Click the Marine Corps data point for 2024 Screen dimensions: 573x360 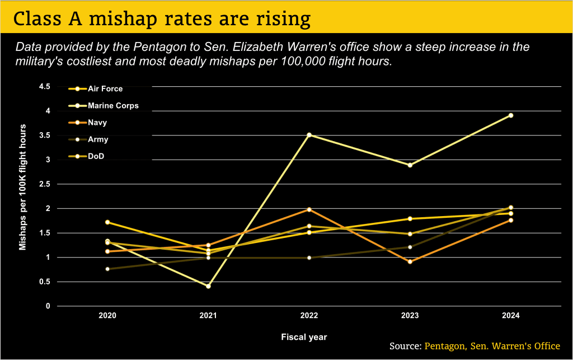pyautogui.click(x=511, y=115)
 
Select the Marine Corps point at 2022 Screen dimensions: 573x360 pyautogui.click(x=309, y=135)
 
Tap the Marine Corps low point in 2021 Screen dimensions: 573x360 pyautogui.click(x=208, y=286)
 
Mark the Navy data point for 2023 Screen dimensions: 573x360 pyautogui.click(x=410, y=261)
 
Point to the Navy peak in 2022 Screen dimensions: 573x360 pyautogui.click(x=309, y=209)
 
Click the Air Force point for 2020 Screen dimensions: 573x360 pyautogui.click(x=107, y=222)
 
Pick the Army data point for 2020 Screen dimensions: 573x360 pyautogui.click(x=107, y=269)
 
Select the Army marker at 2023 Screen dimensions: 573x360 pyautogui.click(x=410, y=247)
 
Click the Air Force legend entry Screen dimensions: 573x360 pyautogui.click(x=96, y=89)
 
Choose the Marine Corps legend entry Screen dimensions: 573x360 pyautogui.click(x=104, y=106)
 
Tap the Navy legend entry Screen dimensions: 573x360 pyautogui.click(x=88, y=123)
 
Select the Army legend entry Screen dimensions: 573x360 pyautogui.click(x=88, y=139)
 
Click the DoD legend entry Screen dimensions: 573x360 pyautogui.click(x=86, y=156)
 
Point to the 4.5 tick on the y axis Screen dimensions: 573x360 pyautogui.click(x=45, y=87)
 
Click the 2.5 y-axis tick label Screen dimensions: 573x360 pyautogui.click(x=45, y=184)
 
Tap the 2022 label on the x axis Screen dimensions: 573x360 pyautogui.click(x=309, y=315)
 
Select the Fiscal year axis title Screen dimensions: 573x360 pyautogui.click(x=304, y=337)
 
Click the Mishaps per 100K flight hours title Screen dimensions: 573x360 pyautogui.click(x=22, y=187)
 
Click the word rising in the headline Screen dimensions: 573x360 pyautogui.click(x=283, y=18)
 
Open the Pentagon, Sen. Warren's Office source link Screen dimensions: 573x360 pyautogui.click(x=492, y=346)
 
